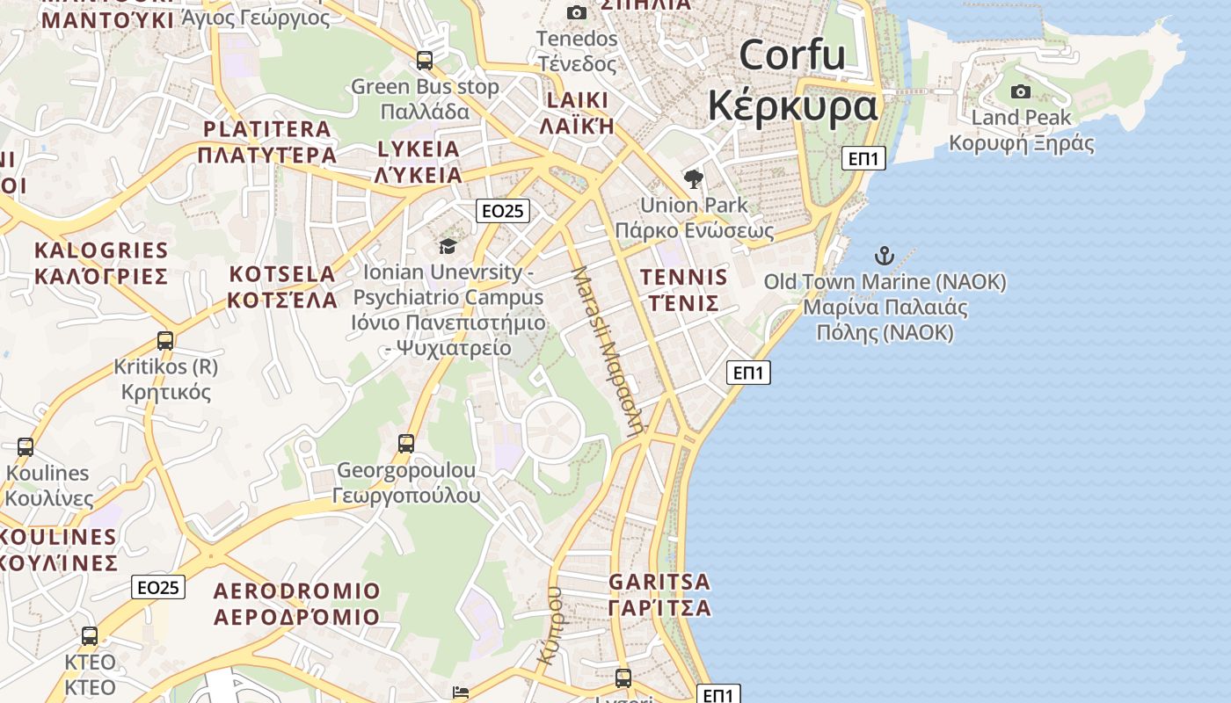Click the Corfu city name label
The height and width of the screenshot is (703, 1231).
pos(792,80)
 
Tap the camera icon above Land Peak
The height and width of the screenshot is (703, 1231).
pos(1020,91)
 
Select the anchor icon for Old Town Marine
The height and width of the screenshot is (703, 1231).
pos(884,256)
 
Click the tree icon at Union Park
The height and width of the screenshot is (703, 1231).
pos(693,179)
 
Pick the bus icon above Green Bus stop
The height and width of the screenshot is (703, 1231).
pos(425,61)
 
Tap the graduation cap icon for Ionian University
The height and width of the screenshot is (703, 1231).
pos(448,245)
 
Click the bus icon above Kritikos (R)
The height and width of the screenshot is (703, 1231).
pos(164,341)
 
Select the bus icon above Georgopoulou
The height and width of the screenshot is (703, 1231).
pos(405,444)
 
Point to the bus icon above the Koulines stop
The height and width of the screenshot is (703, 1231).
pos(25,446)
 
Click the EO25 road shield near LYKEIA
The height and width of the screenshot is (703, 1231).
pos(503,211)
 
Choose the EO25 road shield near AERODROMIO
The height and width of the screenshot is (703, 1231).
pos(158,587)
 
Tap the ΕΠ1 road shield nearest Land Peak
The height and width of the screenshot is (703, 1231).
pos(863,158)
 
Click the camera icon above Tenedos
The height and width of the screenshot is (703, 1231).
pos(577,12)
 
